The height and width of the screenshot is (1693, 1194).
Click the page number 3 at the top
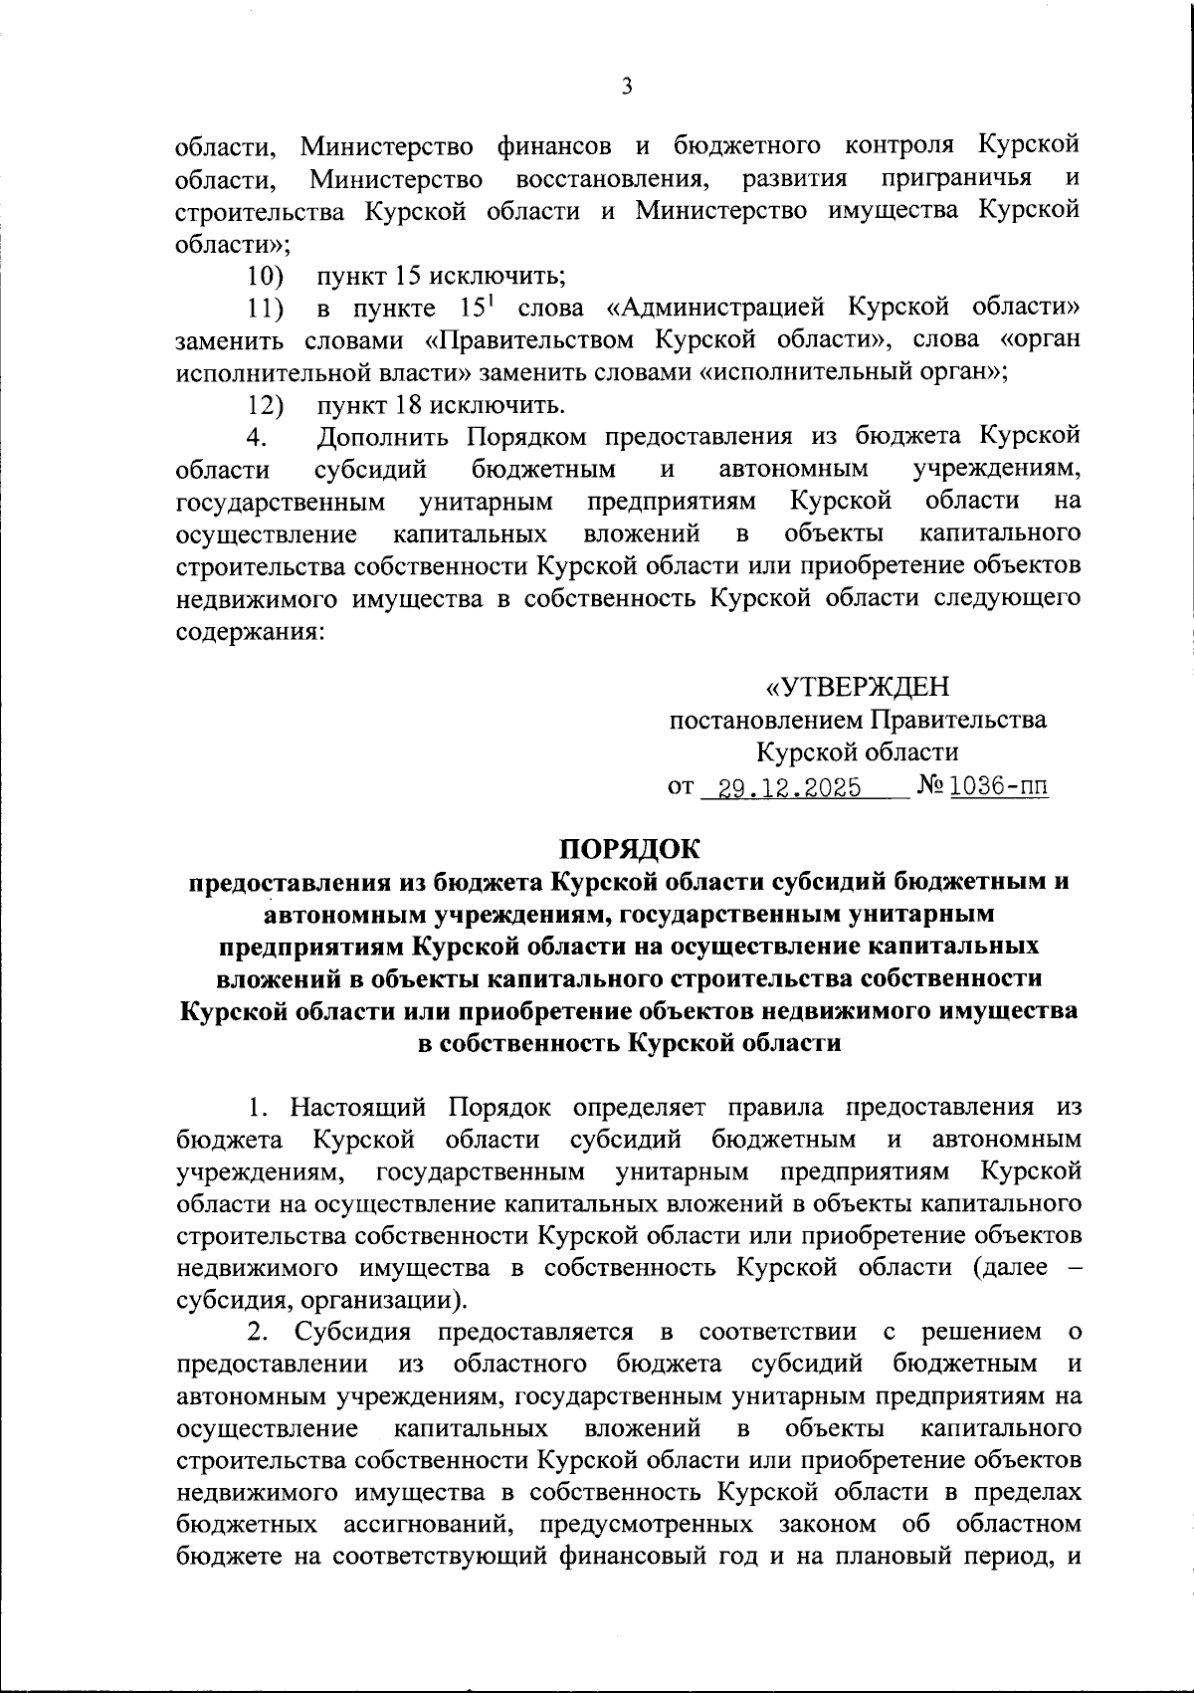pos(626,87)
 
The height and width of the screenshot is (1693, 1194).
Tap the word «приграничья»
pos(956,179)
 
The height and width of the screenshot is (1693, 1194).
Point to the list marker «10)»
pos(266,276)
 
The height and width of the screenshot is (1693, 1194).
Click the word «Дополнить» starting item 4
pos(385,437)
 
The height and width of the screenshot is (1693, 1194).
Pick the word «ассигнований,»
pos(428,1526)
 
